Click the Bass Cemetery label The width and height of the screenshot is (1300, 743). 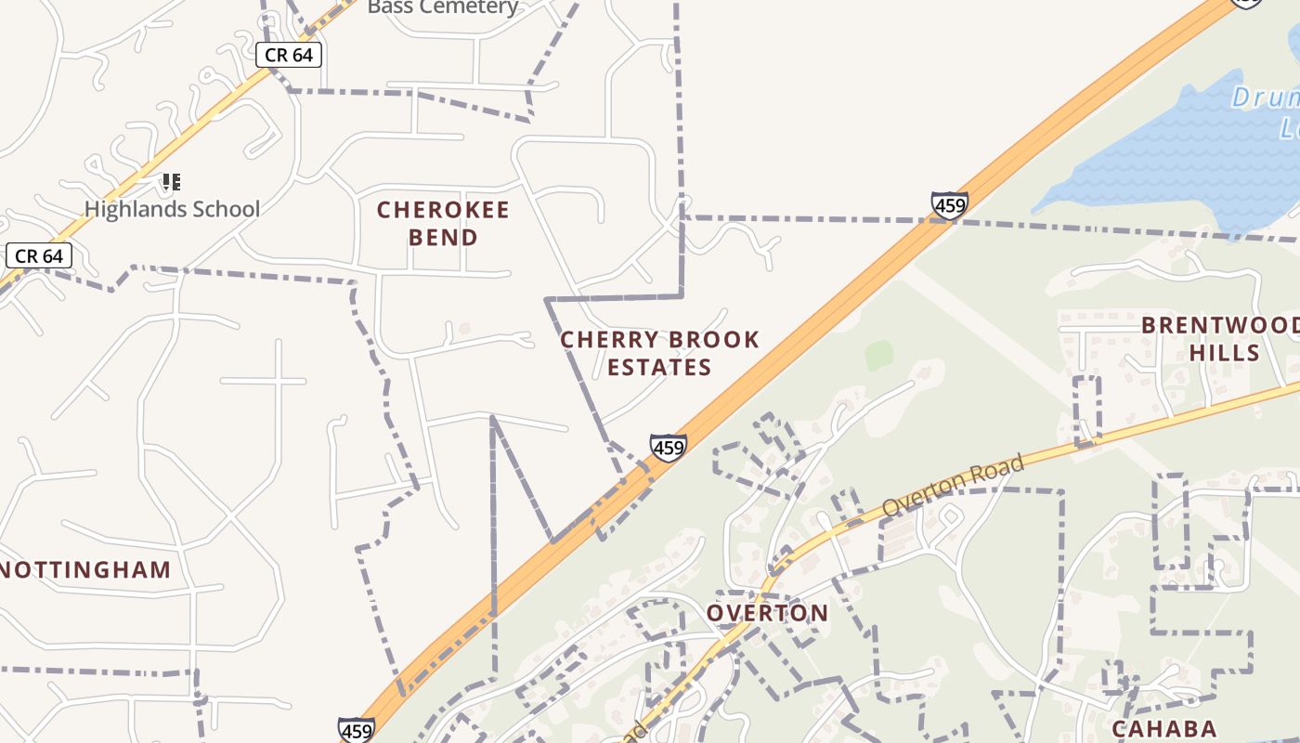tap(443, 7)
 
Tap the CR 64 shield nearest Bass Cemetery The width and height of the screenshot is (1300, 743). tap(289, 56)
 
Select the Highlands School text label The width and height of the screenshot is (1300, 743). tap(173, 209)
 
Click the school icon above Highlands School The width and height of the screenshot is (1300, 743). tap(171, 181)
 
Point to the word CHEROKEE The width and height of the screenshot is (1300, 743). tap(443, 210)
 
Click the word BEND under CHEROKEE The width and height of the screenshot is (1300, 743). tap(443, 238)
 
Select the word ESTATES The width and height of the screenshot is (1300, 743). tap(659, 368)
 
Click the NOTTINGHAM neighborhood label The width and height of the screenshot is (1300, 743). tap(85, 570)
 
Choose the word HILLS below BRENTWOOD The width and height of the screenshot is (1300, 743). tap(1225, 354)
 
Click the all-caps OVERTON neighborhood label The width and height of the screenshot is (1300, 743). tap(767, 613)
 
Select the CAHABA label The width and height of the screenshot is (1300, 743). tap(1163, 728)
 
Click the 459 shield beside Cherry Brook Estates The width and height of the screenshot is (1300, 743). tap(669, 448)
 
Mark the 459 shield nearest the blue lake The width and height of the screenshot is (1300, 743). tap(950, 204)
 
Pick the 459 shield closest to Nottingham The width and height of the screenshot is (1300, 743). tap(357, 730)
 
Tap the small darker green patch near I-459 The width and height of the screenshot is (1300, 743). tap(878, 355)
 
